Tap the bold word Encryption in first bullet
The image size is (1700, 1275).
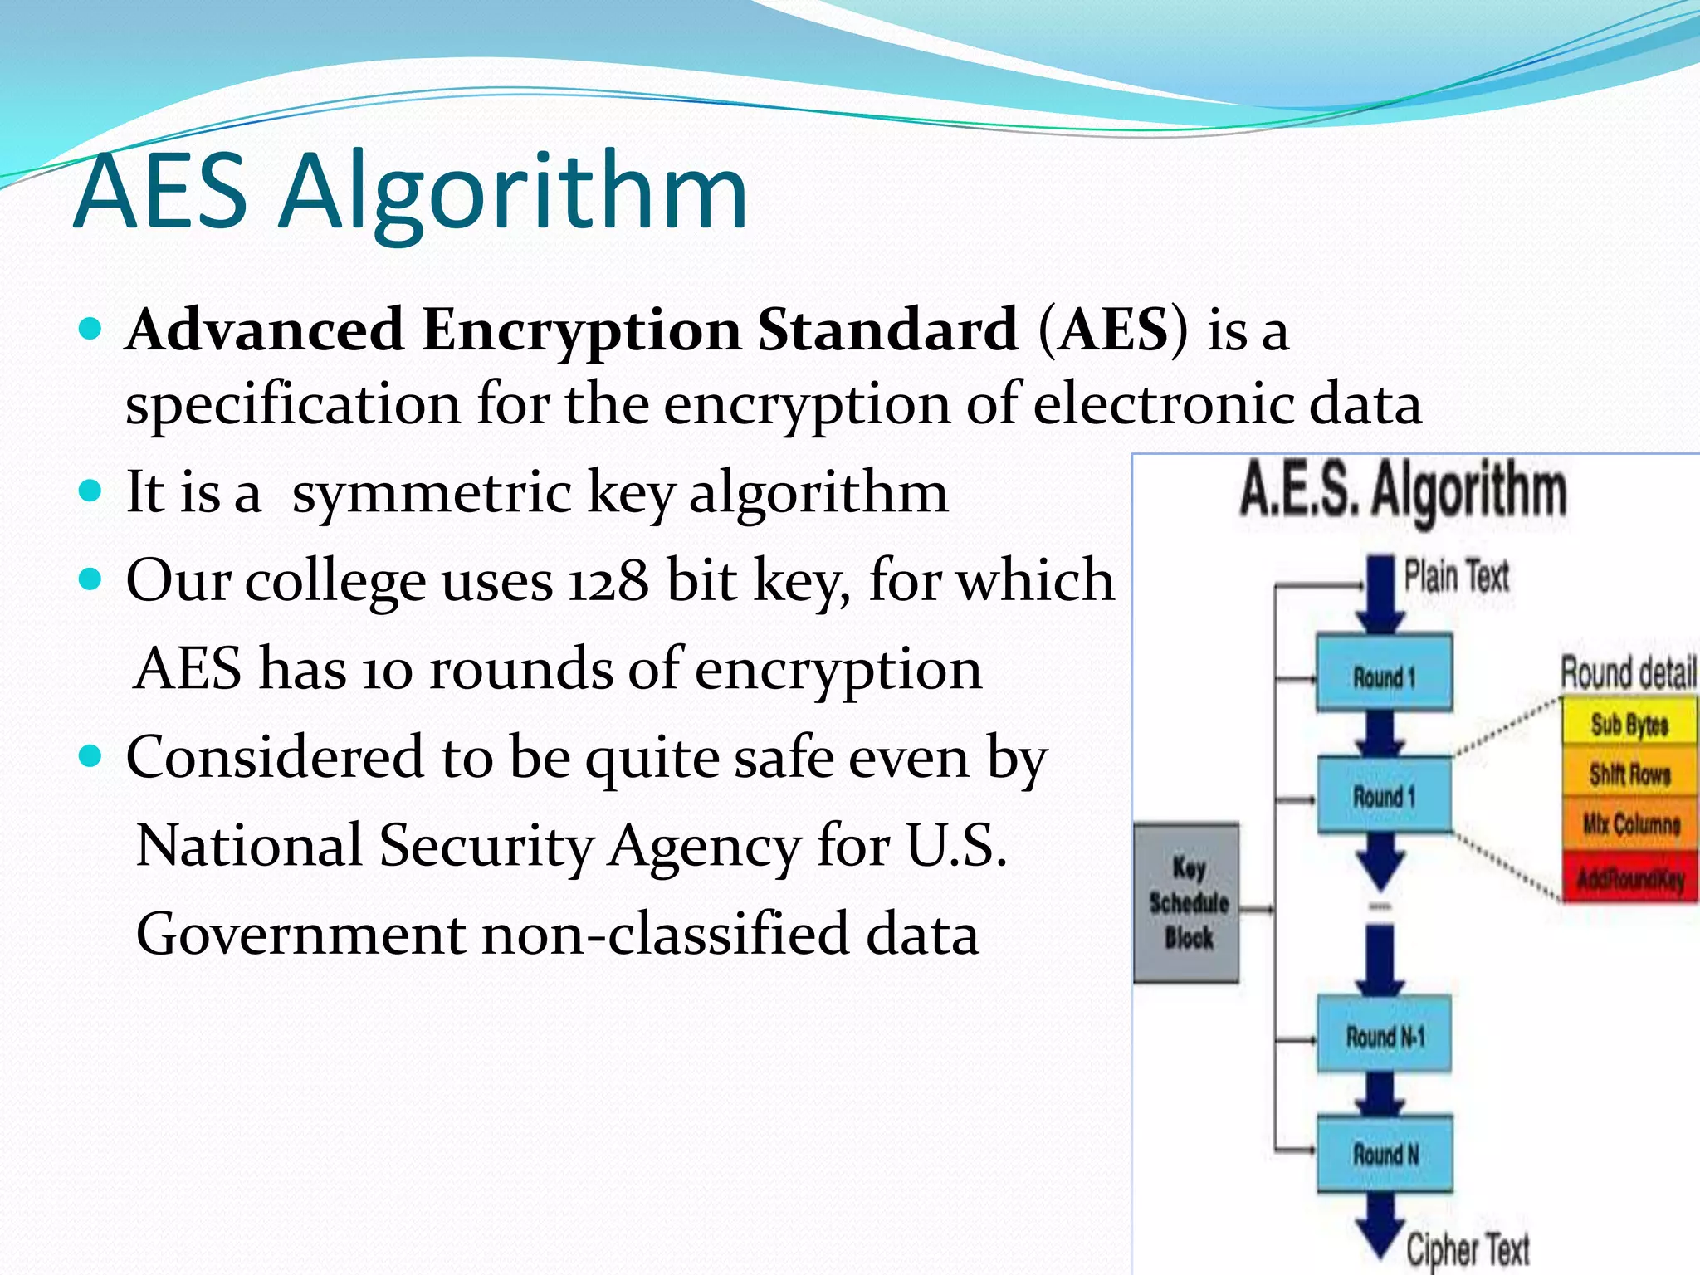click(580, 330)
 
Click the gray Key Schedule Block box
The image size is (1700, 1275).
click(1187, 903)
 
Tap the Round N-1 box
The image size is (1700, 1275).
click(1384, 1036)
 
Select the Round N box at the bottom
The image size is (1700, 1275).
click(1385, 1154)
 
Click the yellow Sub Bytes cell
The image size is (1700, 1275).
click(1629, 724)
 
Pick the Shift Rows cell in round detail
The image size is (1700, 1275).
click(1629, 774)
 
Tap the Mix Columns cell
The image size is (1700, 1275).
click(1630, 823)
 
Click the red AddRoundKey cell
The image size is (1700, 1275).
click(1630, 877)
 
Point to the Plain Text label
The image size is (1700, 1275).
click(1456, 576)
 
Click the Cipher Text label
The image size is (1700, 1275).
click(1468, 1248)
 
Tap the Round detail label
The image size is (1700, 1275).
click(1627, 672)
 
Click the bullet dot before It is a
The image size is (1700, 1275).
click(90, 490)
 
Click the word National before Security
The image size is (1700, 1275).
click(249, 845)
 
